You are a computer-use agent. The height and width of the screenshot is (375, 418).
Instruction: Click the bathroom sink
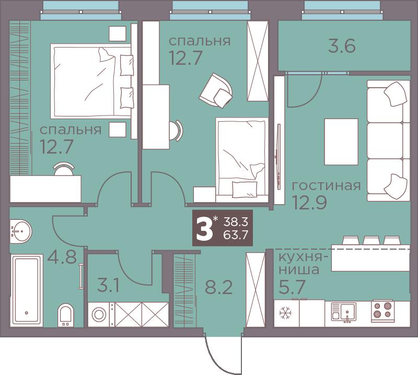click(x=20, y=231)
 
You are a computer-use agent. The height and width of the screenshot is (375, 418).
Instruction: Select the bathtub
click(x=27, y=289)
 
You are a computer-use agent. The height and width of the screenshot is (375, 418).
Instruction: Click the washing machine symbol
click(x=99, y=314)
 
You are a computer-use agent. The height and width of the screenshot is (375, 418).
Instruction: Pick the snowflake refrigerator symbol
click(x=285, y=313)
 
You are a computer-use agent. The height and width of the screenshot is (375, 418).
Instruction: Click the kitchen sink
click(x=344, y=312)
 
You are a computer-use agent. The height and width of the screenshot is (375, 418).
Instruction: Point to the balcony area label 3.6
click(x=342, y=46)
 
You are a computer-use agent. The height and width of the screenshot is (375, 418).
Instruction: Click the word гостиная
click(x=326, y=185)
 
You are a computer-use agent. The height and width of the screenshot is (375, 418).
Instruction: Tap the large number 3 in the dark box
click(x=204, y=228)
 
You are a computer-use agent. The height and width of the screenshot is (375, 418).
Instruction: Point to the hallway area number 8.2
click(x=218, y=287)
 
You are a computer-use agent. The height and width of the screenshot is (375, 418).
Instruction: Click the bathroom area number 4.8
click(x=62, y=257)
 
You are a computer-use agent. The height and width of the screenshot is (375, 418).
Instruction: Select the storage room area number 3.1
click(x=108, y=286)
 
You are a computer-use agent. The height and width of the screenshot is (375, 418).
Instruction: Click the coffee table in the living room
click(x=341, y=142)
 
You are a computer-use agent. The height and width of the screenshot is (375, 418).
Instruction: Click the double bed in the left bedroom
click(x=92, y=81)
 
